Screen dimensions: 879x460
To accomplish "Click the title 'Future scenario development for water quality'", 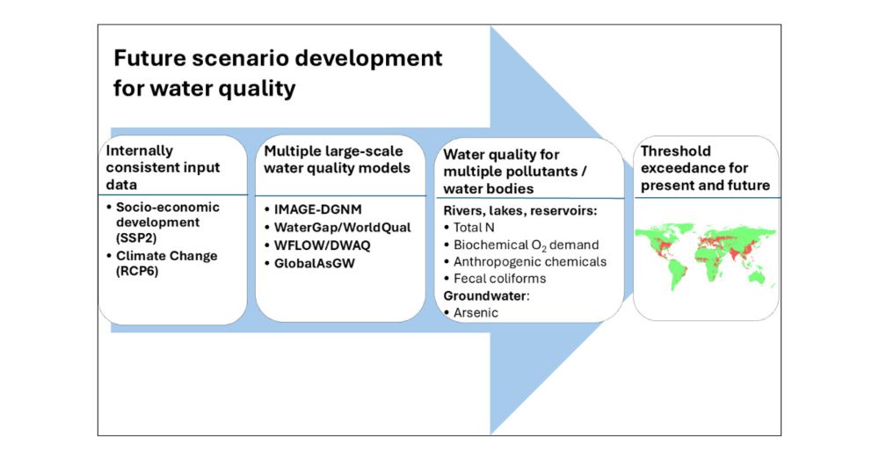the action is [278, 73].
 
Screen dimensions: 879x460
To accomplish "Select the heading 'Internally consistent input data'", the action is [163, 167].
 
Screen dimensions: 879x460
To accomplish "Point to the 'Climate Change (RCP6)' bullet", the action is [162, 263].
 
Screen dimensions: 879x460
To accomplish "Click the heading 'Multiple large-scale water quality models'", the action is [337, 159].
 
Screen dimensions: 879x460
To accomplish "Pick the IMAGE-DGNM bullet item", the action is [314, 209].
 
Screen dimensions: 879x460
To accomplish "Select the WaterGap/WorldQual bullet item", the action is [338, 227].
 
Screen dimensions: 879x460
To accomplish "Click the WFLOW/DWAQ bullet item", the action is [317, 245].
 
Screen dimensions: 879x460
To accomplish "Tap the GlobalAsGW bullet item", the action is [309, 263].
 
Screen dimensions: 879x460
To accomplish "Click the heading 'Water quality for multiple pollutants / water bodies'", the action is [514, 172].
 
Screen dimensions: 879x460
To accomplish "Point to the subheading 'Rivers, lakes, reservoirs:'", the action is [520, 210].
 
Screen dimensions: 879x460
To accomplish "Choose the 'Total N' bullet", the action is [469, 227].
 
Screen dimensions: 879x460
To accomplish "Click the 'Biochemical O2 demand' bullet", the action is [521, 245].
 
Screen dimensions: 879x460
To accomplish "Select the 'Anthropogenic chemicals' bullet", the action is [526, 261].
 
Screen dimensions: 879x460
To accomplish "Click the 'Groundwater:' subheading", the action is [486, 296].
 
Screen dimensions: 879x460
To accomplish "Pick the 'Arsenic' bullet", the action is [471, 312].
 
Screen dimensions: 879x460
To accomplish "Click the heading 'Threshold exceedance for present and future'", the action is [705, 168].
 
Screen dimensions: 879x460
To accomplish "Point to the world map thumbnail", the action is [706, 256].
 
